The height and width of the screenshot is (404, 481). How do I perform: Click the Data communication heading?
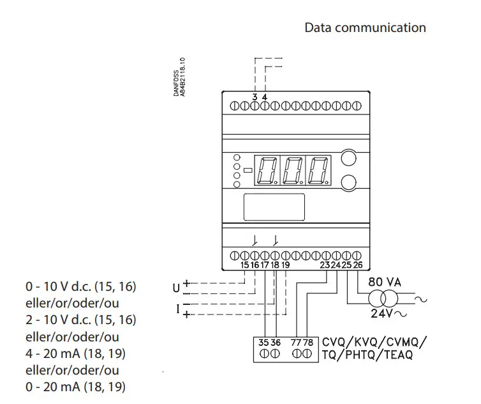(x=365, y=27)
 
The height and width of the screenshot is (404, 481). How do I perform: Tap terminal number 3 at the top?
(x=255, y=97)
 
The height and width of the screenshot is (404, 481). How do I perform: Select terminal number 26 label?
(x=358, y=265)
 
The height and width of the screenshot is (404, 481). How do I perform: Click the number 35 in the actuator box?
(x=263, y=343)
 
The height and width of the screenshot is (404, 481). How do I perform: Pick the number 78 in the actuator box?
(x=309, y=343)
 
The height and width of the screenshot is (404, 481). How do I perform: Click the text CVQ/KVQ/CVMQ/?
(x=374, y=341)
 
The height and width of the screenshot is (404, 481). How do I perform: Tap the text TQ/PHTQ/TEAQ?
(x=367, y=355)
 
